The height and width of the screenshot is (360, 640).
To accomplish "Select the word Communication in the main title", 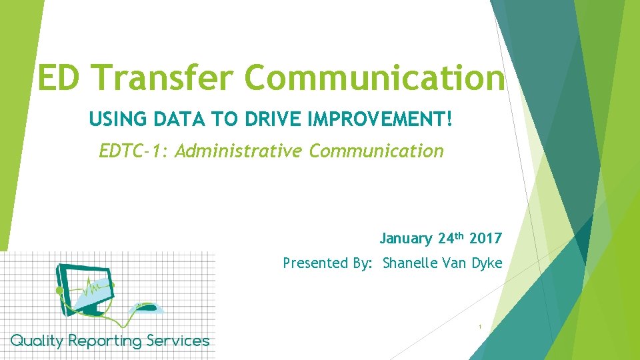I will point(377,77).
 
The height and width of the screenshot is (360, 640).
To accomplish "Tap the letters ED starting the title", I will point(61,77).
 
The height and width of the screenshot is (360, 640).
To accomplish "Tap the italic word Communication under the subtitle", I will point(377,151).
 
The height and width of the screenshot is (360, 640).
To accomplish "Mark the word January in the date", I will point(407,239).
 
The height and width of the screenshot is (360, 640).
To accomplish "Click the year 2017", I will point(485,239).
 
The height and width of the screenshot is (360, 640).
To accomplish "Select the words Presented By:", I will point(329,263).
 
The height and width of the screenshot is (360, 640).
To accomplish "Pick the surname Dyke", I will point(487,263).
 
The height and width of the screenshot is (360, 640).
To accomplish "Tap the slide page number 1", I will point(479,327).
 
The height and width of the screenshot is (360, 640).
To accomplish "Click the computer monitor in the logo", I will point(83,288).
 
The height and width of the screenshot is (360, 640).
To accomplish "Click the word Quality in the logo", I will point(37,341).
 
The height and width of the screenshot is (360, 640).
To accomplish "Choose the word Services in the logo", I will point(178,341).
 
